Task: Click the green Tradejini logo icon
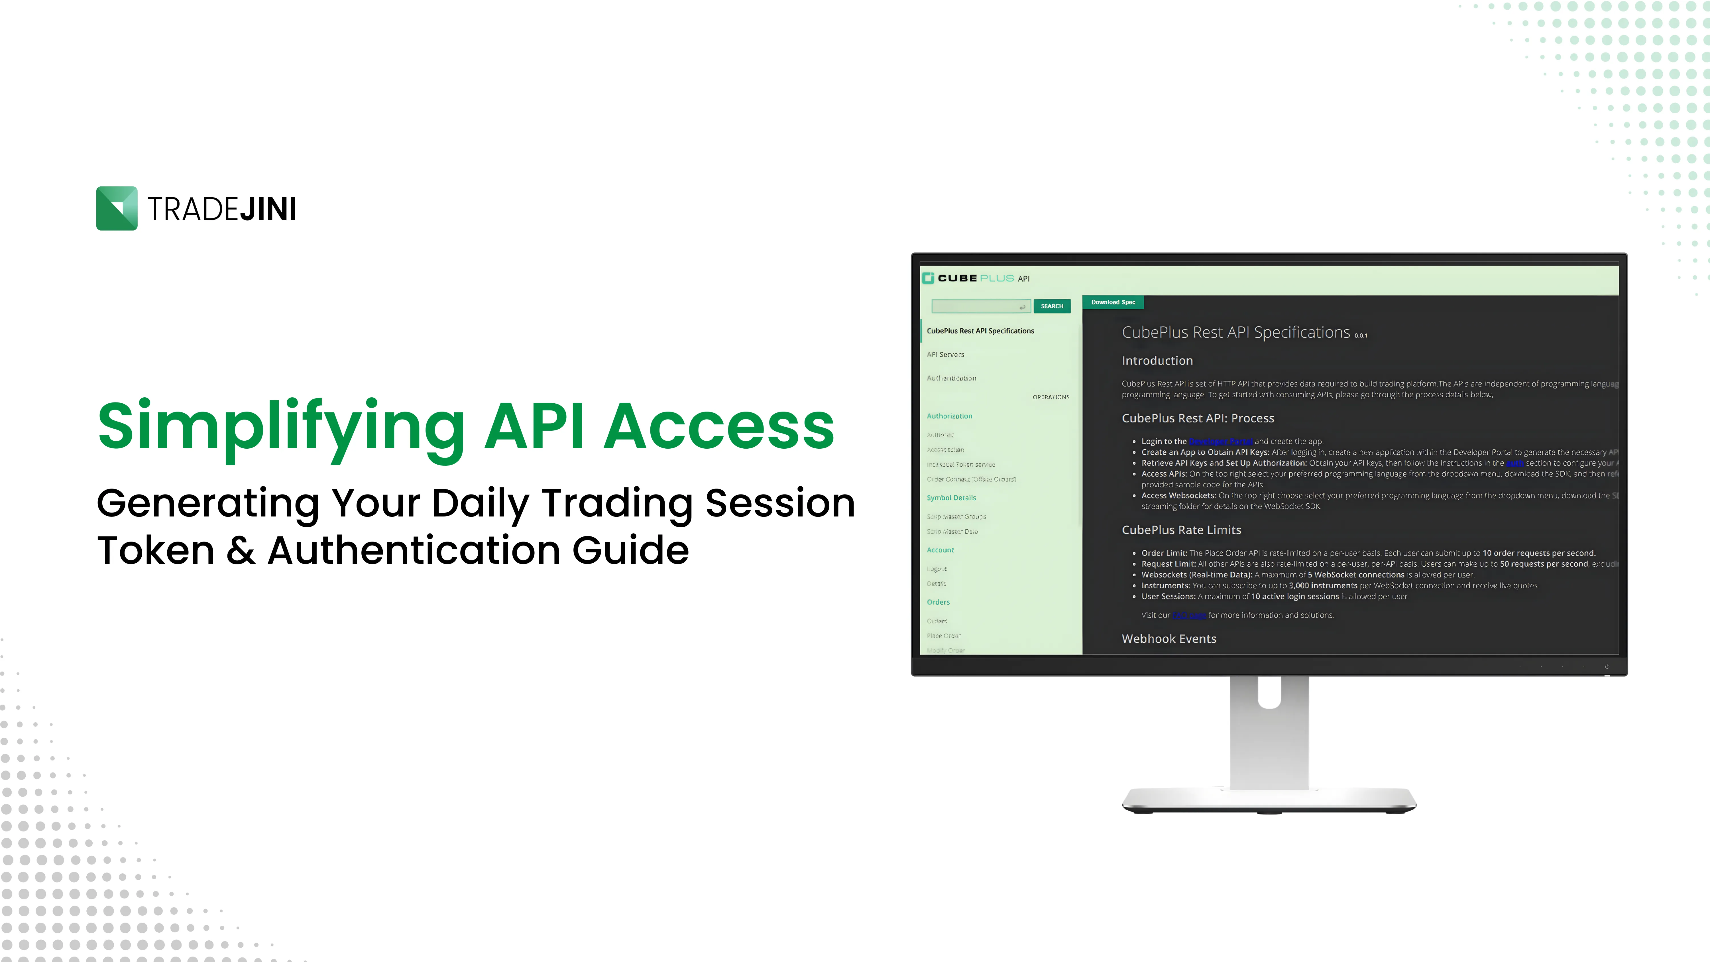click(x=117, y=208)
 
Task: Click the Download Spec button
click(x=1113, y=302)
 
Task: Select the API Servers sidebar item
click(x=945, y=355)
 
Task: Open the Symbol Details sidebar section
click(x=951, y=498)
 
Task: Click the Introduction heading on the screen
click(x=1157, y=361)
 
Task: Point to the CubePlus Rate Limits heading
click(x=1181, y=530)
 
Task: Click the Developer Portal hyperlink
click(x=1220, y=442)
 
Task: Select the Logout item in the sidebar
click(x=937, y=569)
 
